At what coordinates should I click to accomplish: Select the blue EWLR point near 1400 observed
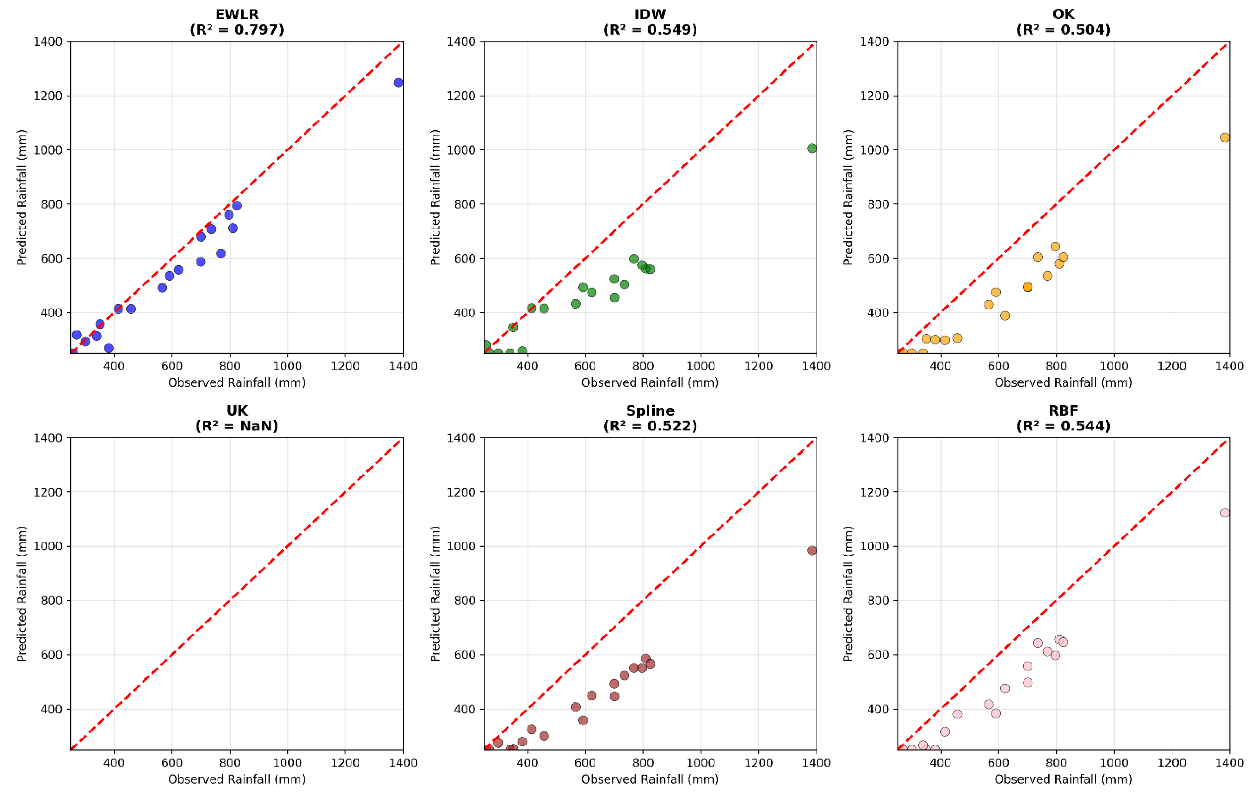click(x=398, y=83)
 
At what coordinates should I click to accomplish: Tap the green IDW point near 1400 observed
click(x=811, y=149)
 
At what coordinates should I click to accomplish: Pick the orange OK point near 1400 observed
click(x=1224, y=137)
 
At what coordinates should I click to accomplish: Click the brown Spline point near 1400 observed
click(x=811, y=550)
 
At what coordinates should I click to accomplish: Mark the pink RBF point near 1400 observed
click(x=1224, y=513)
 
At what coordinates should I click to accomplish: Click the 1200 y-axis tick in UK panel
click(x=48, y=492)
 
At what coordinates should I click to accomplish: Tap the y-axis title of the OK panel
click(x=848, y=197)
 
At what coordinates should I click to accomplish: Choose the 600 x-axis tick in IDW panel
click(x=585, y=366)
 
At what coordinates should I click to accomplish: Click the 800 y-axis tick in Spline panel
click(x=461, y=600)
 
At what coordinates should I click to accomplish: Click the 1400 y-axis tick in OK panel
click(x=874, y=41)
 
